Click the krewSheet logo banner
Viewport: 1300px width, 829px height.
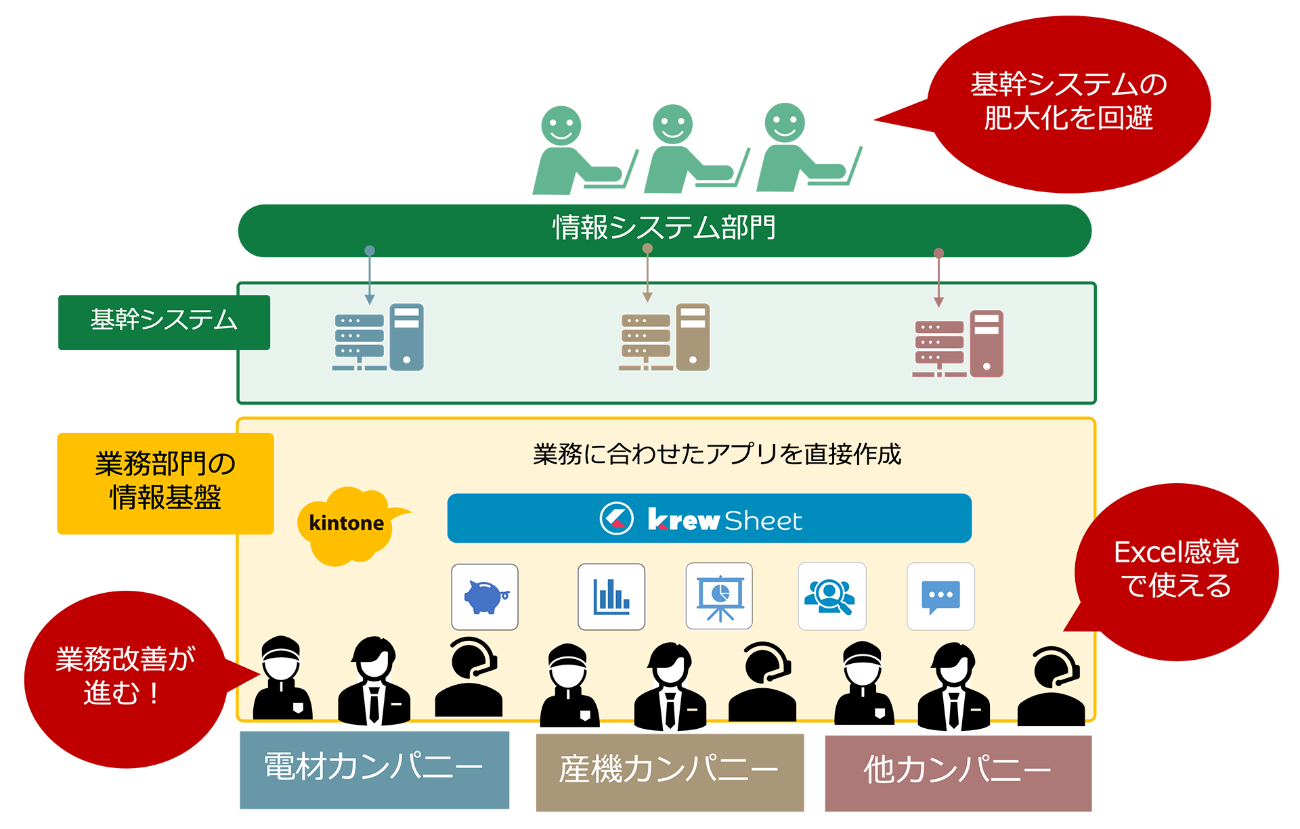pos(709,519)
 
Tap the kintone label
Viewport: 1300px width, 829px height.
pos(346,523)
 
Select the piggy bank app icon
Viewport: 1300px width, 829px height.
pos(485,597)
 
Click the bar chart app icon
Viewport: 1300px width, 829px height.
pos(611,597)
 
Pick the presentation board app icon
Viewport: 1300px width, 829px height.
pos(719,597)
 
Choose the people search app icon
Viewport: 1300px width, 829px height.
pos(831,597)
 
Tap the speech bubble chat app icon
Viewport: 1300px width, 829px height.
pos(940,597)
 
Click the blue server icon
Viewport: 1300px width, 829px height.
pos(378,338)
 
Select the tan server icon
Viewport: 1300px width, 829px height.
pos(664,338)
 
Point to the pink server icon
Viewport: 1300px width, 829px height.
pos(957,344)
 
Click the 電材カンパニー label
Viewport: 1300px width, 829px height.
pos(373,767)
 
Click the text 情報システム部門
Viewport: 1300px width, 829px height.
pos(664,227)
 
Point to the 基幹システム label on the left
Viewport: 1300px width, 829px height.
pos(164,319)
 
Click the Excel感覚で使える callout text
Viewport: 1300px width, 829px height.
pos(1176,568)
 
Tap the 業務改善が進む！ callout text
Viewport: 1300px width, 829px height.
pos(125,675)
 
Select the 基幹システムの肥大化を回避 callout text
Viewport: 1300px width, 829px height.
pos(1068,101)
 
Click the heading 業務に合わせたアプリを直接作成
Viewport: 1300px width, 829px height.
pos(716,454)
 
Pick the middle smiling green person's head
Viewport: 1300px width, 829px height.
pos(672,125)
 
